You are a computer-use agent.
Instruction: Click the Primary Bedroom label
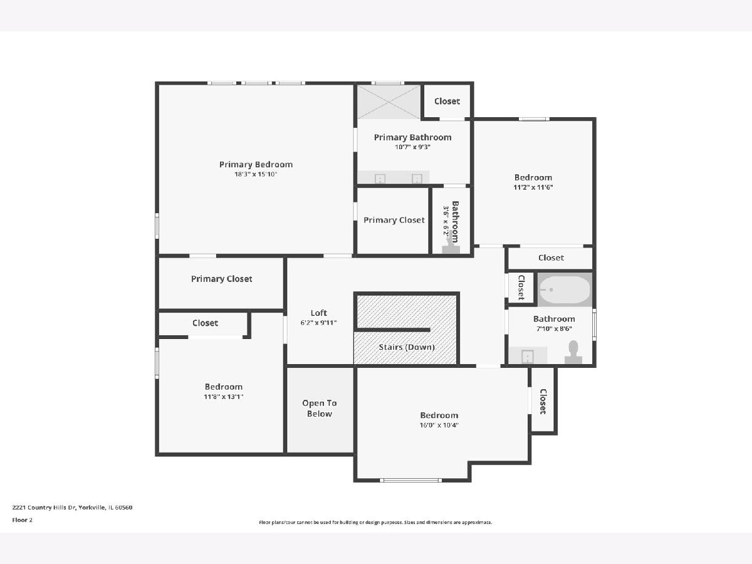[x=256, y=164]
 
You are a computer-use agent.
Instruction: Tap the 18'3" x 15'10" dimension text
[x=256, y=174]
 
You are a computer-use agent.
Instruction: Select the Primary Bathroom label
[x=412, y=137]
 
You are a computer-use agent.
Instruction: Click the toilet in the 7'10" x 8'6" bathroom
[x=573, y=352]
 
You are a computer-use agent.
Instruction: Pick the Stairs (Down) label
[x=407, y=347]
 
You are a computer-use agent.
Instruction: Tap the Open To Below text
[x=320, y=408]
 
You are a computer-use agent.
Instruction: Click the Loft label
[x=318, y=313]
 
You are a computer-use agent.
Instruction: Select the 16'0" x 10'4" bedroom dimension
[x=439, y=425]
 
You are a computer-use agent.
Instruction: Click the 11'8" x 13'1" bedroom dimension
[x=223, y=397]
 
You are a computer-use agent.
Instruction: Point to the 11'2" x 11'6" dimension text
[x=533, y=187]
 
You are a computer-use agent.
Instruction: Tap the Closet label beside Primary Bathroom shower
[x=447, y=101]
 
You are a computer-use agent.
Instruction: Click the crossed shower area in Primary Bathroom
[x=389, y=102]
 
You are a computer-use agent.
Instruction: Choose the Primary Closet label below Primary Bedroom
[x=222, y=279]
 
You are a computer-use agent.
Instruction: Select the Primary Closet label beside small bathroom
[x=394, y=220]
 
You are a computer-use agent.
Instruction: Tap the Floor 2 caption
[x=23, y=520]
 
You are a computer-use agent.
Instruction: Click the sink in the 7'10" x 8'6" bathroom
[x=527, y=356]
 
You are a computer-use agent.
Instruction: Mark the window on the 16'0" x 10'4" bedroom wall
[x=410, y=480]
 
